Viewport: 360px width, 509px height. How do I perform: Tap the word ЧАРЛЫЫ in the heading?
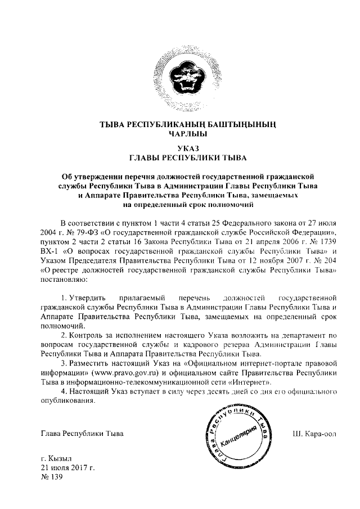tap(180, 134)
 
